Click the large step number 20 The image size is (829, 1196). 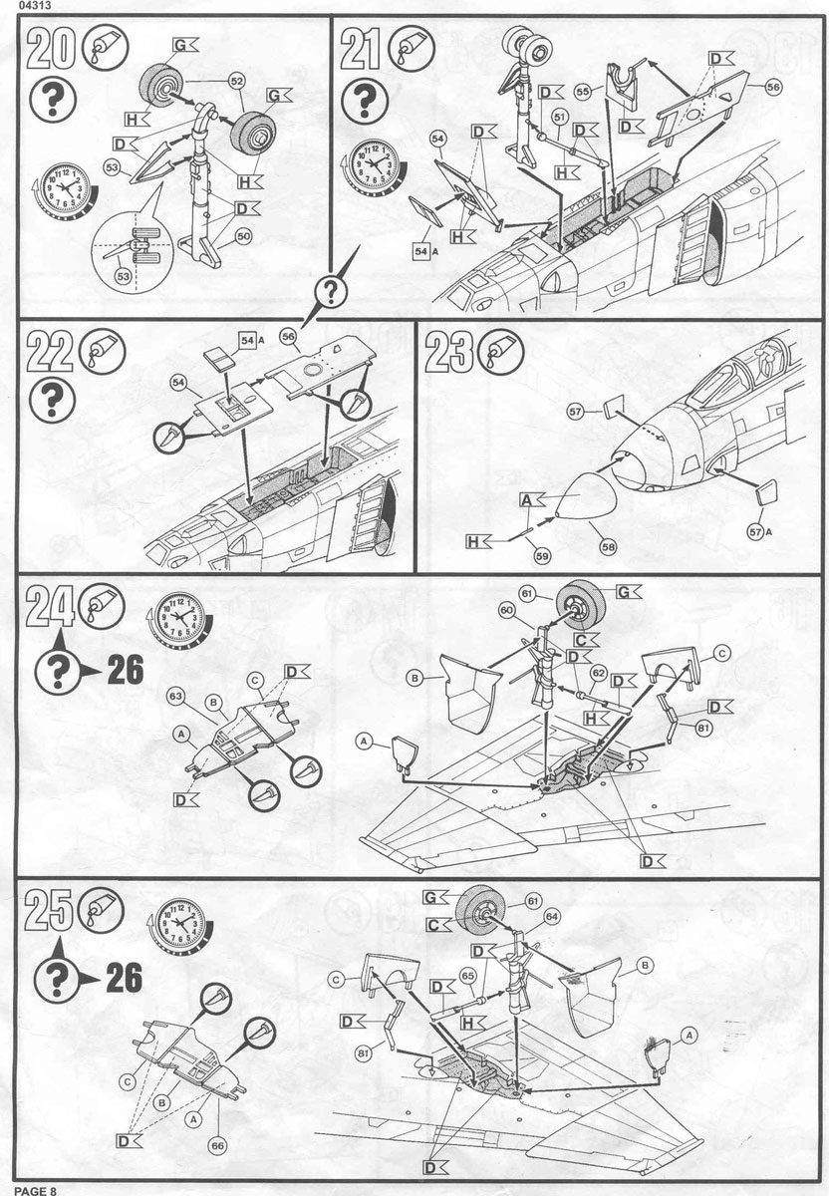[x=52, y=48]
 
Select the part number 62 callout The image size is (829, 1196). [x=598, y=673]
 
